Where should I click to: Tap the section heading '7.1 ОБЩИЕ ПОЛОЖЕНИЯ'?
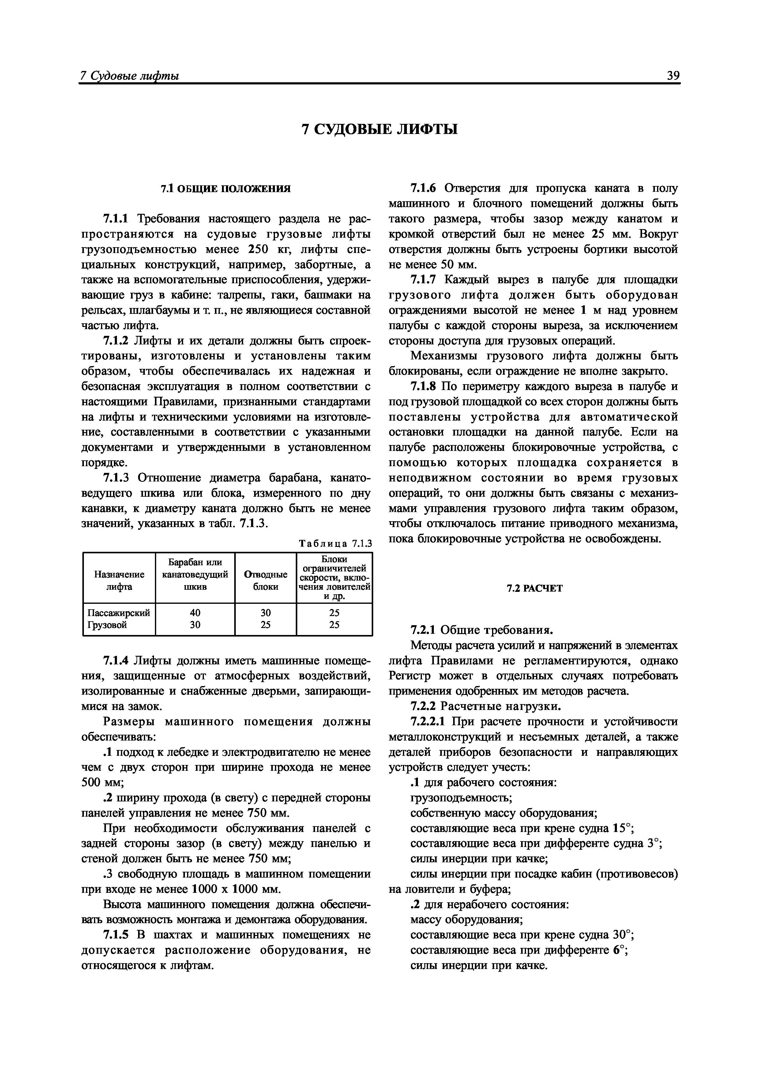(226, 189)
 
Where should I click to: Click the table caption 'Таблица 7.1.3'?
(335, 544)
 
